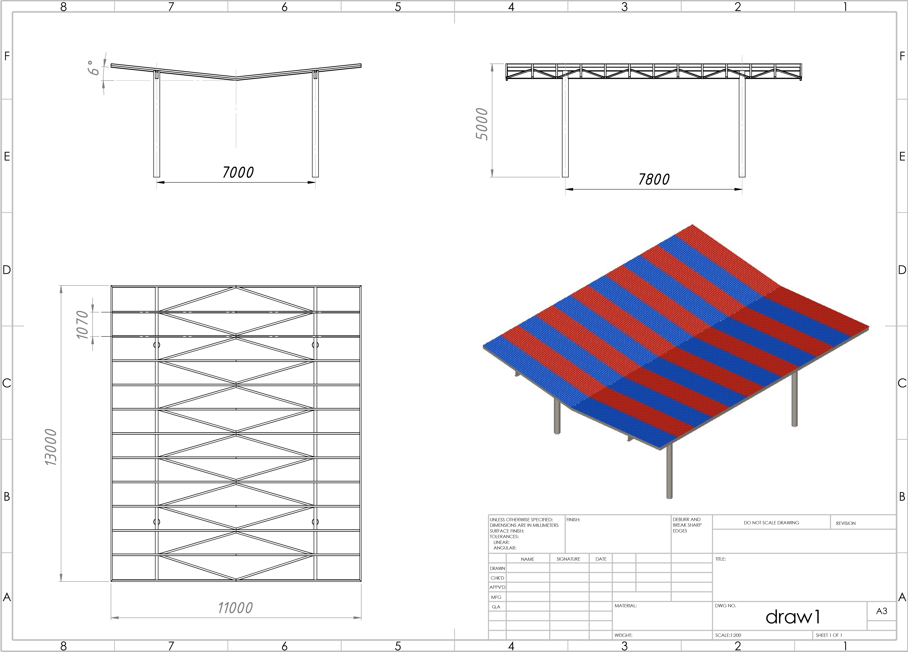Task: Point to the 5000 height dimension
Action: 482,124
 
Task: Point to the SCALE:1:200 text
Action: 728,635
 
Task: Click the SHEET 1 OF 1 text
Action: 829,635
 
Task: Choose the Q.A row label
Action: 496,607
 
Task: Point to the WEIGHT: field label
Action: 623,635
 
